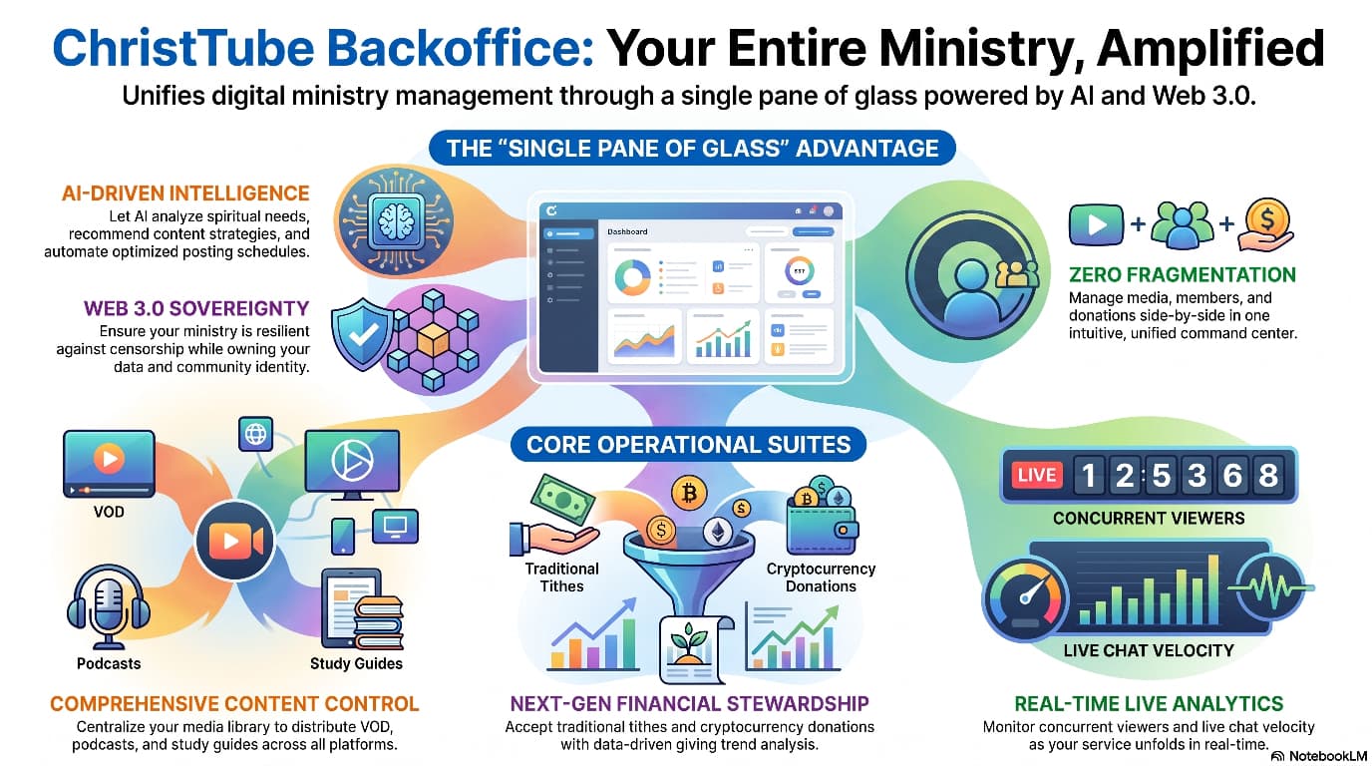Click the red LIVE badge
(1036, 475)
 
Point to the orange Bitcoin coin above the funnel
(689, 493)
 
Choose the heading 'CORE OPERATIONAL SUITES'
(688, 444)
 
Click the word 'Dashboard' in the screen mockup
(627, 231)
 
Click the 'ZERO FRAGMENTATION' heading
(1183, 274)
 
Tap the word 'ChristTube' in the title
(183, 48)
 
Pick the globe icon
(255, 434)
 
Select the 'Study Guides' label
(356, 663)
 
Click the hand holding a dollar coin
(1265, 224)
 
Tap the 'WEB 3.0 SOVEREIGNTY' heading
(196, 308)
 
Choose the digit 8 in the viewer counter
(1268, 475)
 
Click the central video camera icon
(235, 541)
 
